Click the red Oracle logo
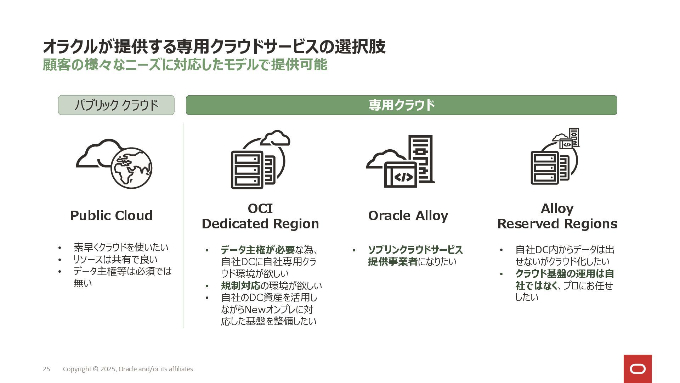click(x=637, y=369)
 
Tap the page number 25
click(x=46, y=369)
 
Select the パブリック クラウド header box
click(x=116, y=105)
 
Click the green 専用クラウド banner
click(x=401, y=105)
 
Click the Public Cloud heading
click(x=111, y=216)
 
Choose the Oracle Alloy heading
click(x=408, y=216)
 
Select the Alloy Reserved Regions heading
click(x=557, y=216)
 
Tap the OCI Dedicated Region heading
click(x=260, y=216)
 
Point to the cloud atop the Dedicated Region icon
click(x=276, y=138)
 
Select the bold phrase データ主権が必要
click(x=257, y=250)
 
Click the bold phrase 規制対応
click(x=240, y=285)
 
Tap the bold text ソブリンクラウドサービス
click(x=415, y=250)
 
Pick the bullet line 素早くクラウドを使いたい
click(x=121, y=247)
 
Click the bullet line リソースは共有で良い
click(x=115, y=259)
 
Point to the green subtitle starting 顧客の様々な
click(x=185, y=65)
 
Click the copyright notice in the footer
click(x=128, y=369)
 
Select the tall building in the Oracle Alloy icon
click(x=421, y=158)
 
